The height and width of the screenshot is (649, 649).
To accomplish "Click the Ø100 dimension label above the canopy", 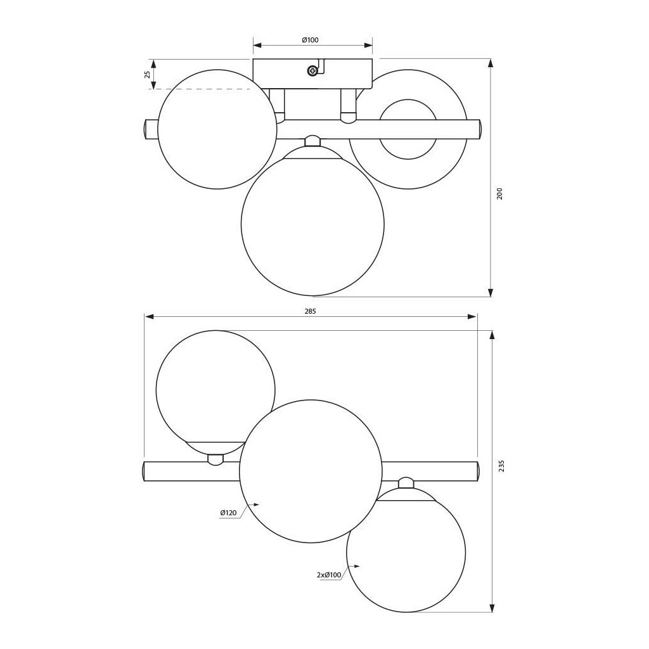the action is [x=310, y=40].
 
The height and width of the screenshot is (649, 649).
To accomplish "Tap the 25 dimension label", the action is [x=146, y=75].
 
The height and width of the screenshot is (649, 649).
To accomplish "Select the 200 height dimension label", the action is [x=499, y=194].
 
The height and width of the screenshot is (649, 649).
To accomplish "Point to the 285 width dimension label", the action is [x=310, y=311].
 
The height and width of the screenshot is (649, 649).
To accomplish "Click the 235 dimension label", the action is [x=502, y=466].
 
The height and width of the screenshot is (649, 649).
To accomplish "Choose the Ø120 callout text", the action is [x=228, y=513].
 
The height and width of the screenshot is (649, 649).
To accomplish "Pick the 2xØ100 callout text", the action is [x=329, y=574].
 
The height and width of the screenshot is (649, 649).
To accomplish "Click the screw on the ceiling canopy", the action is [x=312, y=71].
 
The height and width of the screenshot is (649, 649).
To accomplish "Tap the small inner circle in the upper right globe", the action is [x=408, y=129].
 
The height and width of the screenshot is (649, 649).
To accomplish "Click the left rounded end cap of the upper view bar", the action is [x=148, y=129].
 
